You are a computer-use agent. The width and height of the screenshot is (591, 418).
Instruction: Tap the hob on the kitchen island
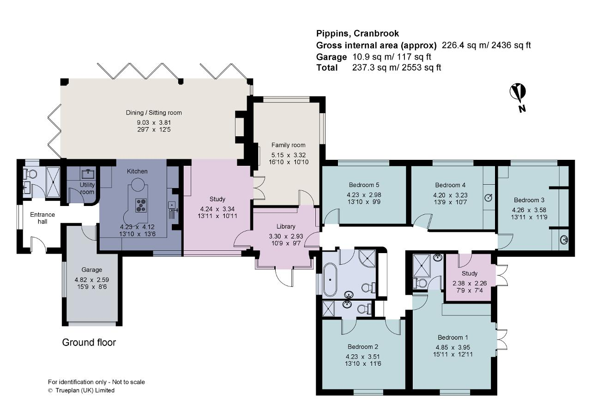(x=141, y=205)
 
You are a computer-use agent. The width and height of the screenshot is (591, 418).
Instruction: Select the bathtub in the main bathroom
(x=330, y=279)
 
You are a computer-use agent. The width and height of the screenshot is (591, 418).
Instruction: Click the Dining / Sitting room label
(x=154, y=113)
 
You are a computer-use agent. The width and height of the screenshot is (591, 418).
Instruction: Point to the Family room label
(x=288, y=145)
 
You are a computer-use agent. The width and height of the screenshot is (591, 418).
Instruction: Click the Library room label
(x=286, y=226)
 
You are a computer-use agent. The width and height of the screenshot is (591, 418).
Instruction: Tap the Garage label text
(x=91, y=270)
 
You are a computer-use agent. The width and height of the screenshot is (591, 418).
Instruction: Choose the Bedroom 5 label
(x=364, y=185)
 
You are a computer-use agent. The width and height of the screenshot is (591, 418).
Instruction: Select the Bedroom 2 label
(x=363, y=346)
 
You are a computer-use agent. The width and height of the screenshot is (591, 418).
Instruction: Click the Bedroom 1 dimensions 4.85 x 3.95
(x=453, y=347)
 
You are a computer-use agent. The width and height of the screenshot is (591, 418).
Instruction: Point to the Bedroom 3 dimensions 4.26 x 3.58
(x=529, y=210)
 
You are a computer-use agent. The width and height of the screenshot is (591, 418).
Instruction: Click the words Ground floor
(x=89, y=342)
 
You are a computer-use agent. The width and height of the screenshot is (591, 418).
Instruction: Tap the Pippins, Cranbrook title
(x=357, y=33)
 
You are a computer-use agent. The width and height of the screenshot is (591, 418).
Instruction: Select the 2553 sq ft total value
(x=422, y=67)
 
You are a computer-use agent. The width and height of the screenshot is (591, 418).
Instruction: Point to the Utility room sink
(x=88, y=174)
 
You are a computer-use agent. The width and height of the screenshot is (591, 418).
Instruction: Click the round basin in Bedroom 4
(x=488, y=198)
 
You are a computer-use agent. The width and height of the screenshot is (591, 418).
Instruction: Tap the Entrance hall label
(x=42, y=218)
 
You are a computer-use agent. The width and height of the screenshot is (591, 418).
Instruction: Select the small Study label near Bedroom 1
(x=470, y=273)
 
